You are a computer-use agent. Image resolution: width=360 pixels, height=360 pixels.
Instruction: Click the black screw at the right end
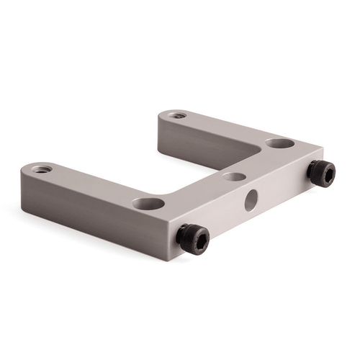321,173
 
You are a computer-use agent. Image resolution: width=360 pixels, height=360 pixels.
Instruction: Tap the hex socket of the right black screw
320,173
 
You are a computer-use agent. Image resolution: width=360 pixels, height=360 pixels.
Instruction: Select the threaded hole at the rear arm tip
176,115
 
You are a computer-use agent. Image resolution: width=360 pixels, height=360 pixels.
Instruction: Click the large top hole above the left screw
148,204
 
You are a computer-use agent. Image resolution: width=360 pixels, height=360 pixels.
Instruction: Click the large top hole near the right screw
279,143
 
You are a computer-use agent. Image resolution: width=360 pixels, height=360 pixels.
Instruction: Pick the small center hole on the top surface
234,176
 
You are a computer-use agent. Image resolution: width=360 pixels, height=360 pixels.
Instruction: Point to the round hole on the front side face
251,199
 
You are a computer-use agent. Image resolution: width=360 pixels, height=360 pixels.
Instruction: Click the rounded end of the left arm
26,173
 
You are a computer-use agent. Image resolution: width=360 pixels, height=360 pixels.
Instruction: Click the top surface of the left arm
94,184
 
